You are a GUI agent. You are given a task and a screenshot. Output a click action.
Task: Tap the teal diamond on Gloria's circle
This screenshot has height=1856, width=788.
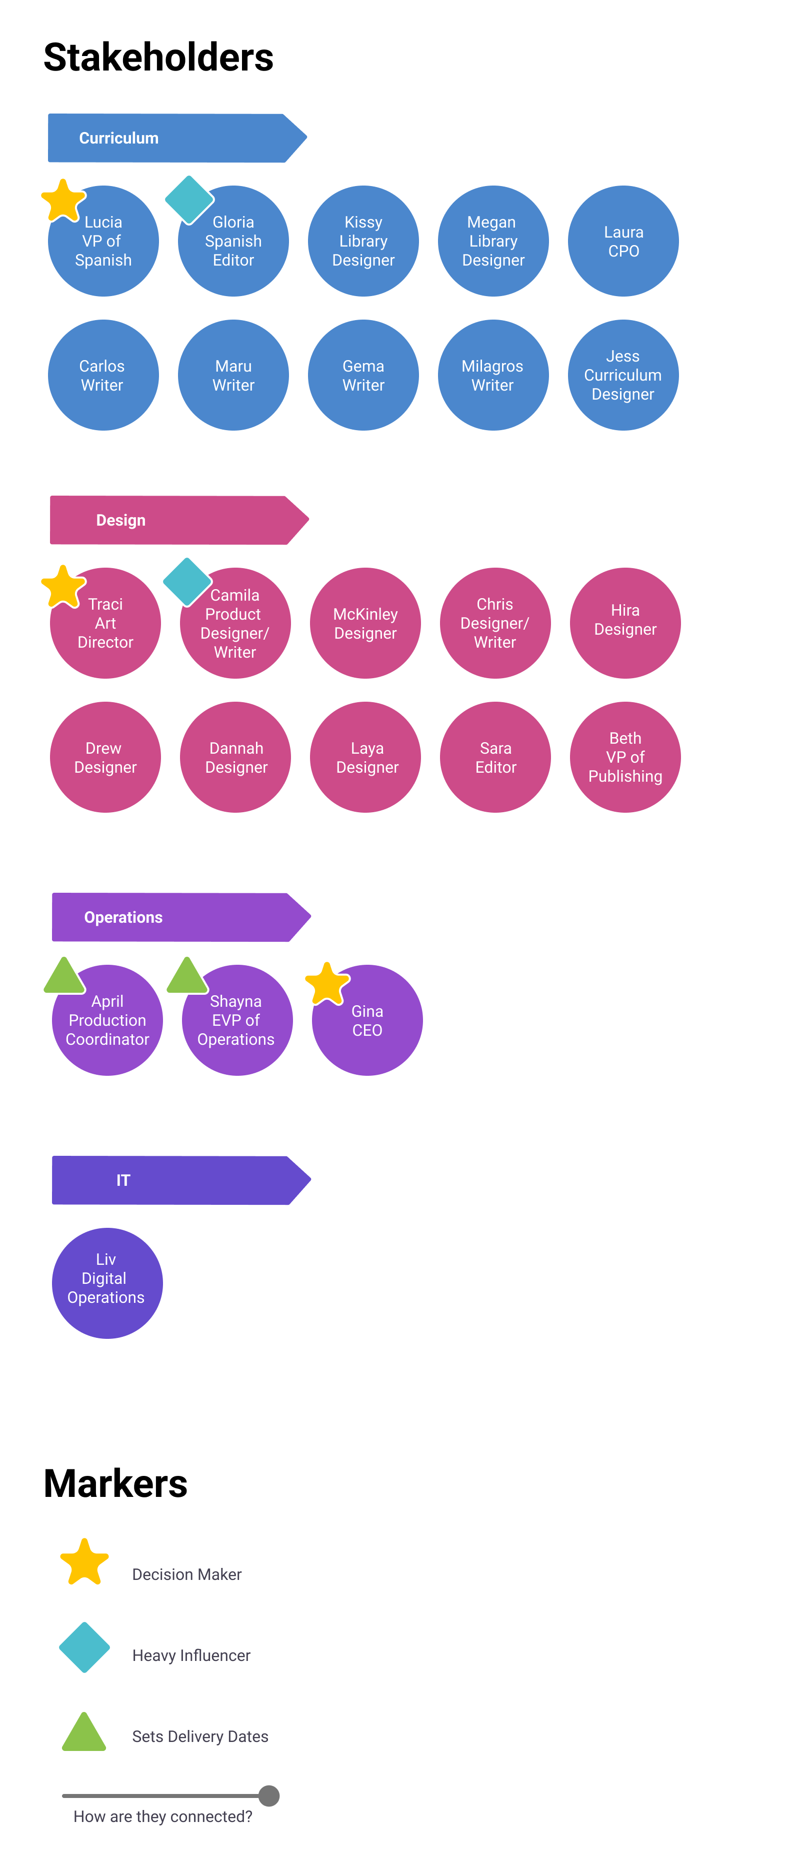coord(189,200)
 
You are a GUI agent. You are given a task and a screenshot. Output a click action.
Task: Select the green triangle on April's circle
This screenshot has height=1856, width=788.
coord(64,976)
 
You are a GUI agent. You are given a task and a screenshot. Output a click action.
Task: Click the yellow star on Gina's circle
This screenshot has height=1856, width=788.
coord(327,983)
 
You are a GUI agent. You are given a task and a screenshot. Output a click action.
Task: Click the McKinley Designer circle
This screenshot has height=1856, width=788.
coord(365,623)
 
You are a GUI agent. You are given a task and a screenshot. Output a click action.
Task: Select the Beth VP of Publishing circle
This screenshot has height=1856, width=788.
coord(624,757)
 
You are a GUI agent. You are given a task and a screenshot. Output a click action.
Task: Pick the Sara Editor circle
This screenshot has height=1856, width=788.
coord(495,757)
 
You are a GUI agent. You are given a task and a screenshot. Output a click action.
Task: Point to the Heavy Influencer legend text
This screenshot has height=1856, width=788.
coord(191,1655)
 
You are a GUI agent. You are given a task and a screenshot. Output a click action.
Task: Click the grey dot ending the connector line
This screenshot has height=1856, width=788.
coord(268,1795)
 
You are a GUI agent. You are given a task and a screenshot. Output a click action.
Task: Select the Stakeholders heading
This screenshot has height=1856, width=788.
coord(158,58)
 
